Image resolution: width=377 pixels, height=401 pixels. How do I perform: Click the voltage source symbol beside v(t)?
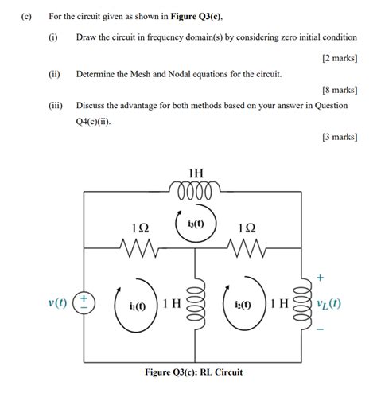(84, 303)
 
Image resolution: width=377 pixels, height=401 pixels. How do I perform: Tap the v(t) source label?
(57, 303)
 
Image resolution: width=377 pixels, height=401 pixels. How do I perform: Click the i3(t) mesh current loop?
(194, 224)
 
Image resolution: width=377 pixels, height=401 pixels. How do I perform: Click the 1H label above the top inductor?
(194, 174)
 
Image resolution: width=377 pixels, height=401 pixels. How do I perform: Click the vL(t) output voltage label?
(328, 304)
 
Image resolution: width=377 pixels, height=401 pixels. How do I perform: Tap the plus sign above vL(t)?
(321, 278)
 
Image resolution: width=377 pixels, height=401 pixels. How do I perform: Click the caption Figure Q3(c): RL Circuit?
(194, 372)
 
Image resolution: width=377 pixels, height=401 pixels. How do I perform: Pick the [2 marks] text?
(339, 58)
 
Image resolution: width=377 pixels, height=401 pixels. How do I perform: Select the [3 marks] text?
(339, 138)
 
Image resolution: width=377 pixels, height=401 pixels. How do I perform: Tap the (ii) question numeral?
(54, 73)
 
